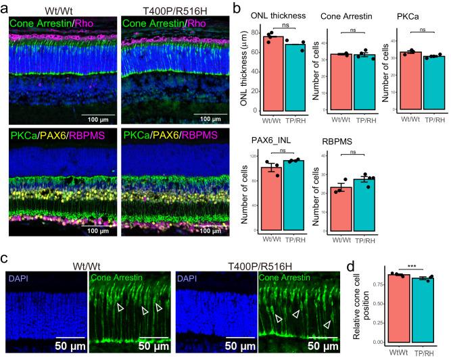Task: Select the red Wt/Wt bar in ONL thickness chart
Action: [272, 74]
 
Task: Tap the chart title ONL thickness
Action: [278, 16]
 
